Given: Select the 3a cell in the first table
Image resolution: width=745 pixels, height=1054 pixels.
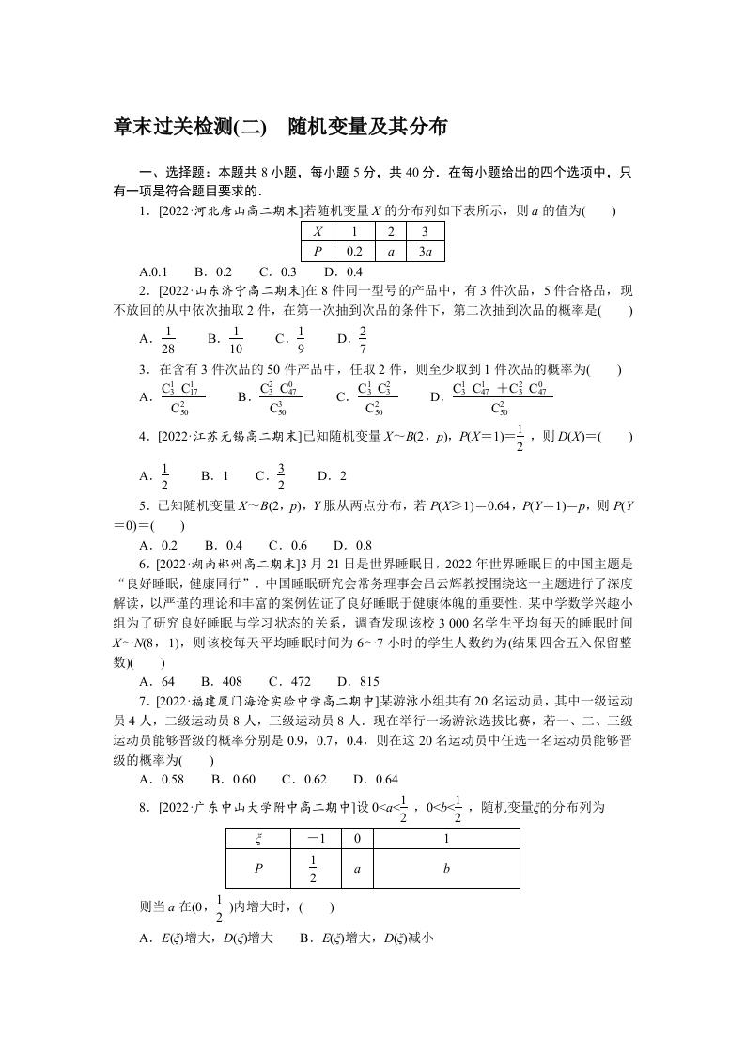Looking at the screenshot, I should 425,251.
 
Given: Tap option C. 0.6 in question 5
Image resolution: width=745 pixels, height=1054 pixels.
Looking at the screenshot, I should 287,545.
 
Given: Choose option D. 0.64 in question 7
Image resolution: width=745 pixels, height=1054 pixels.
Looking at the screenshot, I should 375,779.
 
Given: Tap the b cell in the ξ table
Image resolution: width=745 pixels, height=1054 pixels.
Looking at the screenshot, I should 447,869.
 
